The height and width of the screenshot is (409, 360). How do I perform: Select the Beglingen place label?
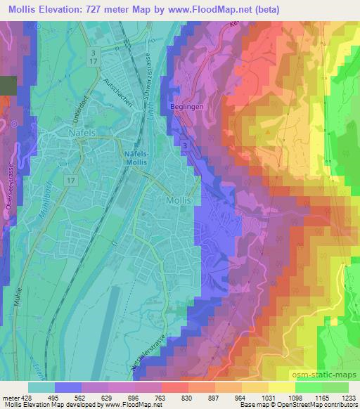(185, 106)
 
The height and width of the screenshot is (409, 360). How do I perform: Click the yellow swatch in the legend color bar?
(281, 387)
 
